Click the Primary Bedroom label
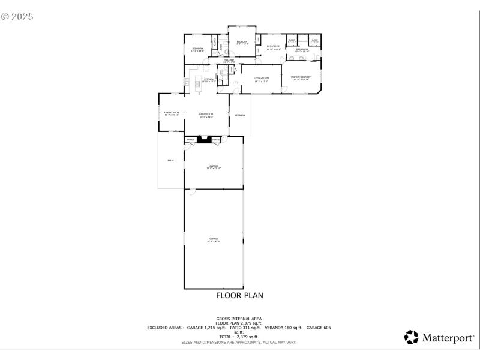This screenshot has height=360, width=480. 301,77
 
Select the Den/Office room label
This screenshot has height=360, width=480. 274,46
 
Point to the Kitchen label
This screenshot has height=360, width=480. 209,79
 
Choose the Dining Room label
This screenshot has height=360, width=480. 172,112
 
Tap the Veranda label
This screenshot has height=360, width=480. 239,115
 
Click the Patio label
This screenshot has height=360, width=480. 170,160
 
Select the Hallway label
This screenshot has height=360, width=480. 229,60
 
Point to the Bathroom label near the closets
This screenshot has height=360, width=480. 302,49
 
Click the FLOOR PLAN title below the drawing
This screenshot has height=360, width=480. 239,295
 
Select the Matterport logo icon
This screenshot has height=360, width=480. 412,337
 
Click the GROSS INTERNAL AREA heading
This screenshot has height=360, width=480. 239,318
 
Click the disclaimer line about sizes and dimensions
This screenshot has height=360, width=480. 239,342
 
